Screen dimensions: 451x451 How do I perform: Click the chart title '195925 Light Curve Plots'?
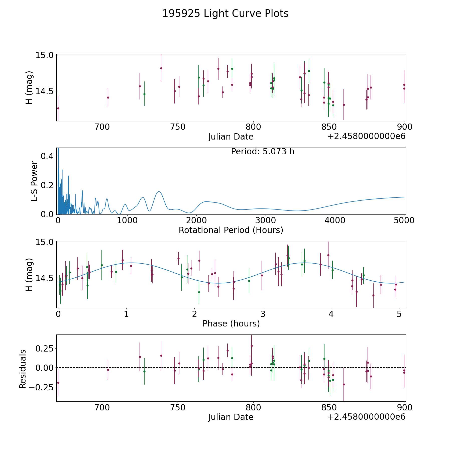(x=225, y=14)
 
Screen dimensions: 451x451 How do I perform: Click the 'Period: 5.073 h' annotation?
(x=263, y=152)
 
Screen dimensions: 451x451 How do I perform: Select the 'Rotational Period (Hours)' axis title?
(x=231, y=230)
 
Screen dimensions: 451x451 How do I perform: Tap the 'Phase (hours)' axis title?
(x=231, y=324)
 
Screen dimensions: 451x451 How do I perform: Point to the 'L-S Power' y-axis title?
(x=34, y=181)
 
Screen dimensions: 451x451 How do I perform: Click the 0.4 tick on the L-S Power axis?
(x=47, y=156)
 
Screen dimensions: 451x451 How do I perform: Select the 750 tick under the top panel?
(x=178, y=127)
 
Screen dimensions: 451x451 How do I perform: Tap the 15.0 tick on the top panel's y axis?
(x=44, y=55)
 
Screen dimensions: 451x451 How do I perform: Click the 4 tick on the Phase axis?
(x=331, y=314)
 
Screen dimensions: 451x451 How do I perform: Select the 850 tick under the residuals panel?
(x=329, y=408)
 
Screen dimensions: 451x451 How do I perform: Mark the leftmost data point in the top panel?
(x=58, y=108)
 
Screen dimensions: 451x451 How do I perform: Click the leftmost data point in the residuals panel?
(x=58, y=383)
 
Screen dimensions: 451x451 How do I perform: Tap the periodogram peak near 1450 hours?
(x=159, y=192)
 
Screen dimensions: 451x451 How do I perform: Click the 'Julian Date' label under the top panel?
(x=231, y=137)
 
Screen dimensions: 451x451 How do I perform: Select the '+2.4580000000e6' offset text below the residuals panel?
(x=366, y=417)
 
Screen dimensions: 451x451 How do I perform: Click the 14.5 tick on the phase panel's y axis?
(x=44, y=278)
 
